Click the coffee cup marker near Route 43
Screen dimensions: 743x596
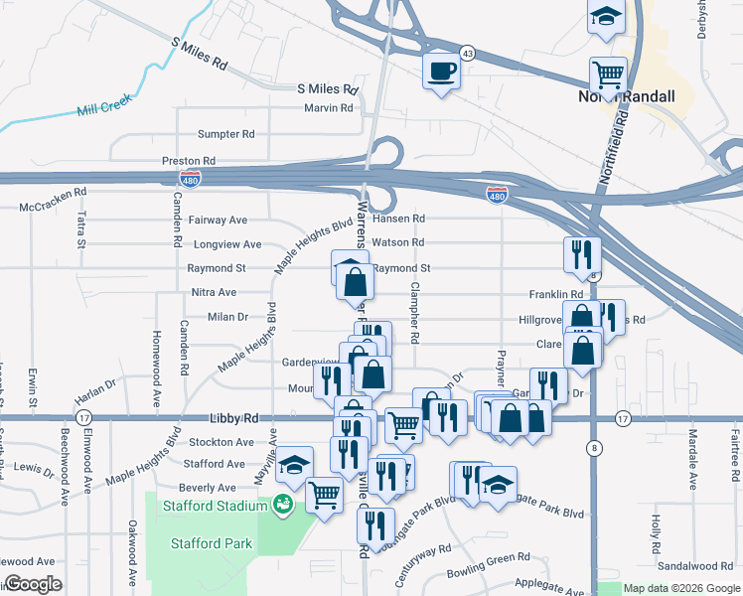(x=440, y=72)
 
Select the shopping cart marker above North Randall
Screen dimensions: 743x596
(x=607, y=74)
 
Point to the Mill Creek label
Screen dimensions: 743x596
(x=103, y=104)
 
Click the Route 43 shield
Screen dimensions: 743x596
(x=467, y=52)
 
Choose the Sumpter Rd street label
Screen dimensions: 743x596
(x=225, y=134)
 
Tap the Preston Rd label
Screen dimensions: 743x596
(x=189, y=160)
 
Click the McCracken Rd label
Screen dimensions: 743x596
(x=54, y=192)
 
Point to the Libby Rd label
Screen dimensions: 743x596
(x=234, y=419)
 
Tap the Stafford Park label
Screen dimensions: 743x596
(x=212, y=543)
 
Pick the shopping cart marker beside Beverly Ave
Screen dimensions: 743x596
(x=325, y=493)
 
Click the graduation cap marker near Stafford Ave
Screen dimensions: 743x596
(x=294, y=464)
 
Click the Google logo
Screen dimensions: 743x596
(x=33, y=584)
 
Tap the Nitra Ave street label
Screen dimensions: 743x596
(x=214, y=293)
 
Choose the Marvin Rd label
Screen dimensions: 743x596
(x=329, y=108)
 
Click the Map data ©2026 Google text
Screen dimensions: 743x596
(x=680, y=588)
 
